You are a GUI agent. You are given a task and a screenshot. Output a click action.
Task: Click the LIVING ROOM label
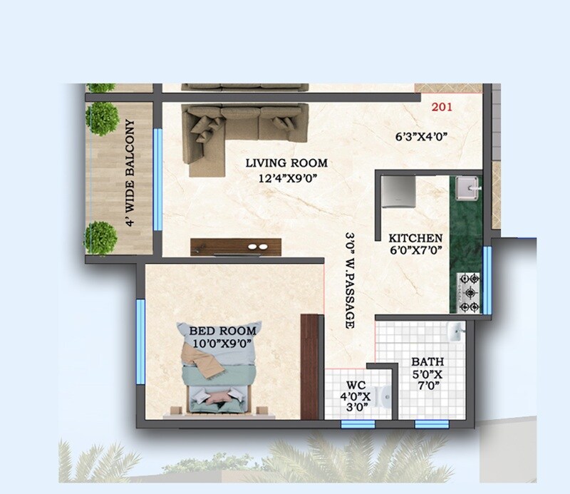[x=286, y=163]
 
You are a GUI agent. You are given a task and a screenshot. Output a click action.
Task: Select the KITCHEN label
[x=416, y=237]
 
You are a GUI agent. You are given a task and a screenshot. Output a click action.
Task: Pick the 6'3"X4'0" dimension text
[x=421, y=138]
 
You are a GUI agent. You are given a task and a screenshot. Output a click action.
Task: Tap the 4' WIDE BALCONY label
[x=130, y=173]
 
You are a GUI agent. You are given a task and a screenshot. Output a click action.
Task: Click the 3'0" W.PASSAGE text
[x=349, y=279]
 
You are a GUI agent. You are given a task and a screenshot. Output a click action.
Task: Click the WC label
[x=356, y=384]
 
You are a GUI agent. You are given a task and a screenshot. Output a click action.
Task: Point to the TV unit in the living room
[x=237, y=245]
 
